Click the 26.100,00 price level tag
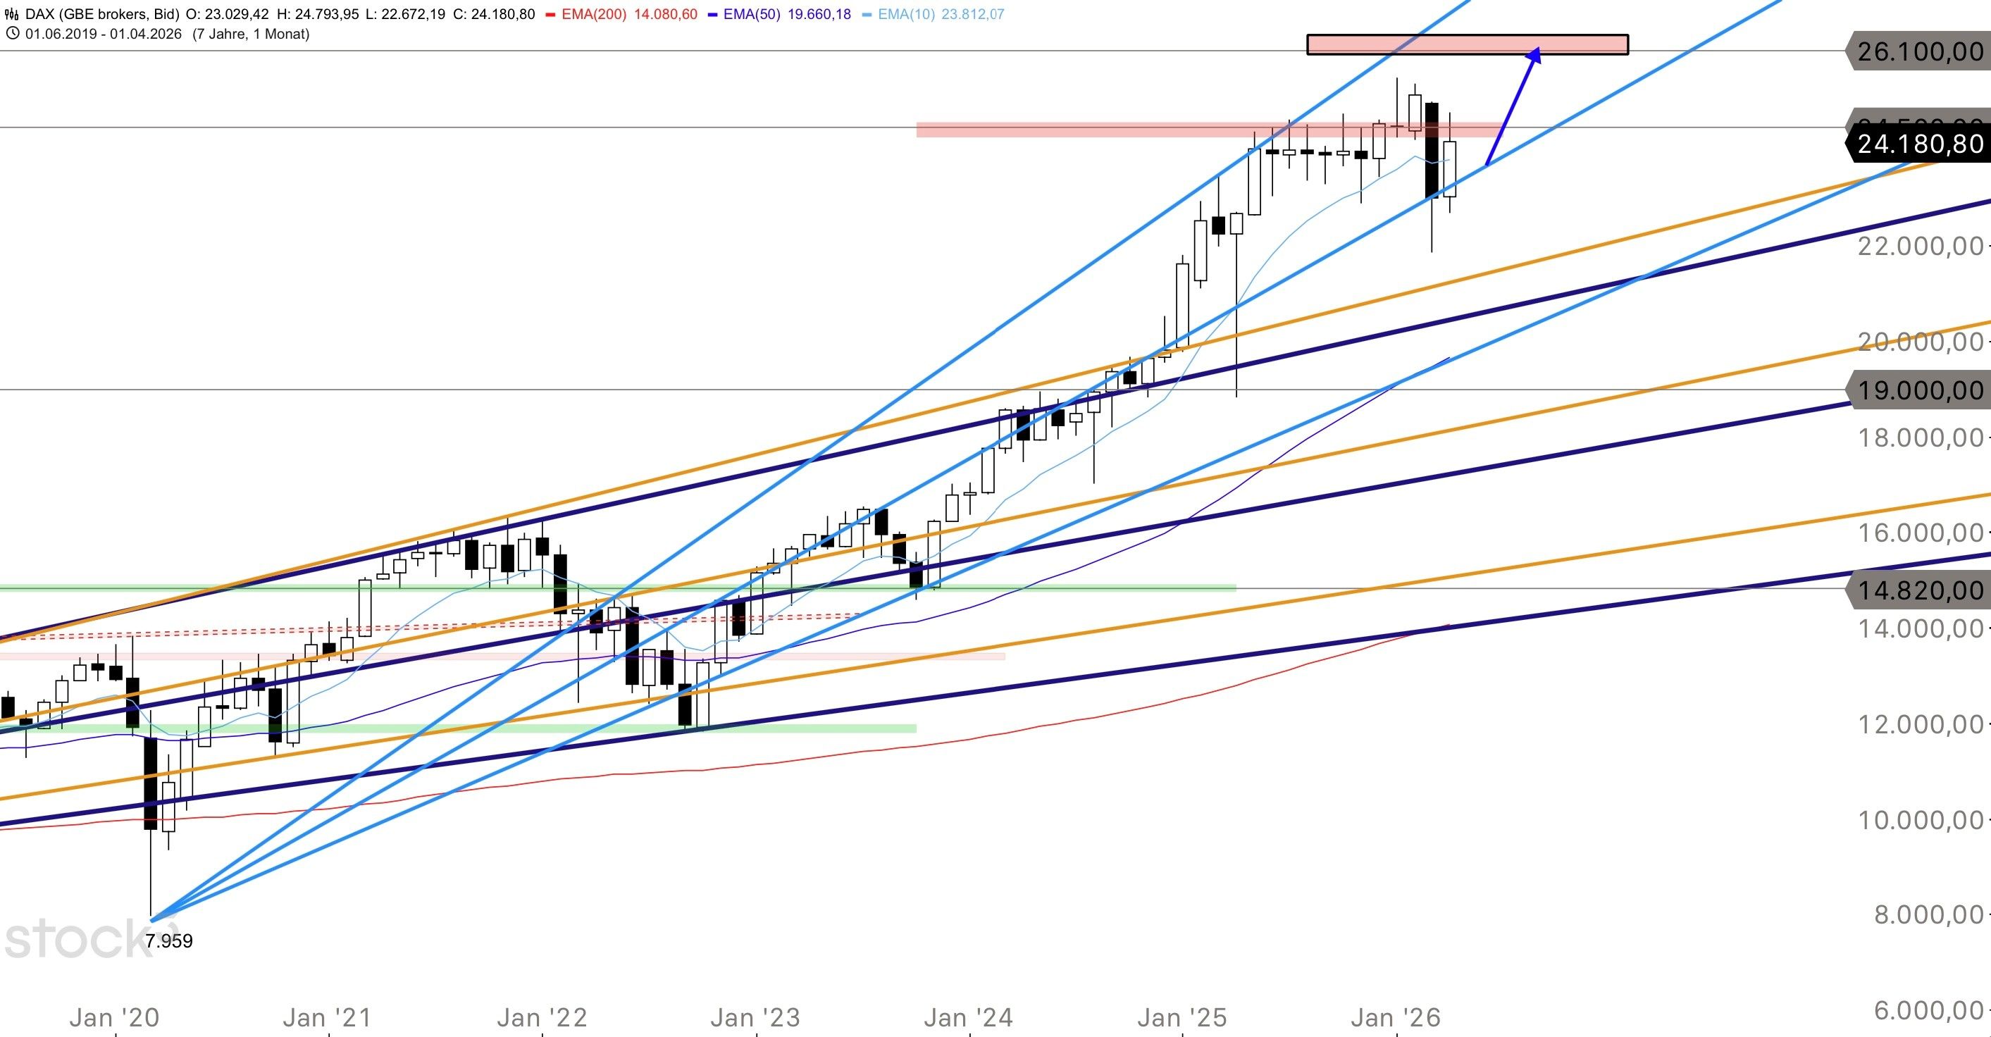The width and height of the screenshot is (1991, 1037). (1918, 51)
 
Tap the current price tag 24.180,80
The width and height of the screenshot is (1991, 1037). (1918, 144)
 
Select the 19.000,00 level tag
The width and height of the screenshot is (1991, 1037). (1918, 390)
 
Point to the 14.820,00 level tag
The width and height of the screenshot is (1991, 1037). (1918, 590)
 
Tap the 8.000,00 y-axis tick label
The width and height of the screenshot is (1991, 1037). (1928, 915)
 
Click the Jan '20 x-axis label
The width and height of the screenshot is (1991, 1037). (114, 1018)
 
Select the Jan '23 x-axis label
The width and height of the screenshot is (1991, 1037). (755, 1018)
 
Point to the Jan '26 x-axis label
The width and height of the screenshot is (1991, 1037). (1395, 1018)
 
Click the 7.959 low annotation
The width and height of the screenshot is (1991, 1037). (168, 941)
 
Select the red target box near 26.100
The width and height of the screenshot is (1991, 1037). (1467, 45)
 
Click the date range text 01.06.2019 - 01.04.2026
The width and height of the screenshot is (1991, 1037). (104, 34)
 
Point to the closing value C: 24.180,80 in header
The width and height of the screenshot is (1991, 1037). (495, 14)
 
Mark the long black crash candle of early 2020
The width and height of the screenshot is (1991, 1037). (151, 783)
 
